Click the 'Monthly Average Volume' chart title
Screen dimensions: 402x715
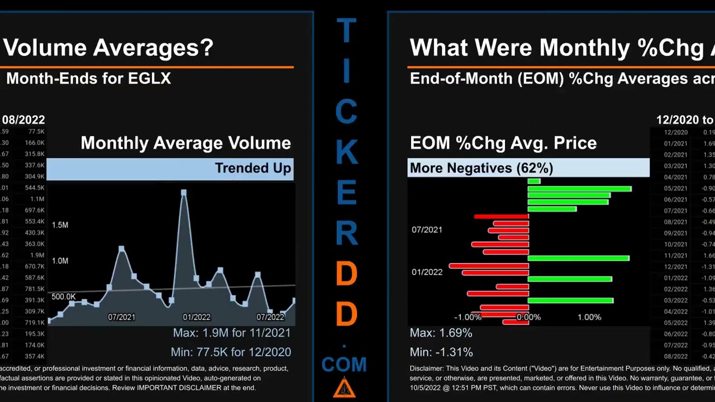point(185,143)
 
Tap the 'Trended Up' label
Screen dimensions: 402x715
point(253,168)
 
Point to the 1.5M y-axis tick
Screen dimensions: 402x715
point(60,225)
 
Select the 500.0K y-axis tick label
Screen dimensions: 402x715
point(63,296)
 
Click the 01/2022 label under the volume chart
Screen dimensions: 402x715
point(197,317)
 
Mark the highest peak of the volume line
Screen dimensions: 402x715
point(184,193)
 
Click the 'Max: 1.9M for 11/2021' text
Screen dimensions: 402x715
point(231,333)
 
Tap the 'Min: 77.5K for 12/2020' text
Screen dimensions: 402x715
point(231,352)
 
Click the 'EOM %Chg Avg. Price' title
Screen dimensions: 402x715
point(503,143)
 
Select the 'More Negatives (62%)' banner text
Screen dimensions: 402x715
point(482,168)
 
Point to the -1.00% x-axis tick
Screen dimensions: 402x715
point(468,317)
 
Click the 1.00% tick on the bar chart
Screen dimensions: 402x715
point(589,317)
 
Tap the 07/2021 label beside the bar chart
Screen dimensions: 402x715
point(427,229)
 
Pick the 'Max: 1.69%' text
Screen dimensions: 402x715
point(441,333)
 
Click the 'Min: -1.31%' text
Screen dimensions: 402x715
point(441,352)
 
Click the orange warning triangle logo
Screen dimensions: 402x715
point(344,387)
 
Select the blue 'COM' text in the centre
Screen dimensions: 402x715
point(344,365)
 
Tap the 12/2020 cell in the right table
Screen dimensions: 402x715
point(676,132)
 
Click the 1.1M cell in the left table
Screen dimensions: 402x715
point(37,199)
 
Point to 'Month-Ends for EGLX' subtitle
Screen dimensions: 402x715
point(88,79)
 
